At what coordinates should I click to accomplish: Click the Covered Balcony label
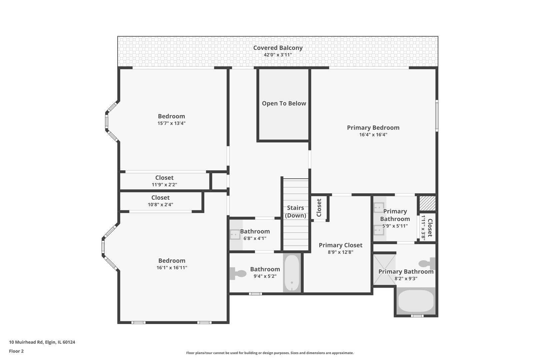tap(278, 48)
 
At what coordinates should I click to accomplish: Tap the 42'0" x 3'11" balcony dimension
tap(278, 55)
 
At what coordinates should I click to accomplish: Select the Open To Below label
tap(284, 103)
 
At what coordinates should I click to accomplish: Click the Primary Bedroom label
tap(373, 128)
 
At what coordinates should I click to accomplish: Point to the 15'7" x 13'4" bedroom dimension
tap(171, 123)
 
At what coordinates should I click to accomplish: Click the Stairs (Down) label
tap(295, 212)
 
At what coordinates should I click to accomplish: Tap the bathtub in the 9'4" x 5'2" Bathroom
tap(292, 273)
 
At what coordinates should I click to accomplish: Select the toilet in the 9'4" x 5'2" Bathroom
tap(238, 273)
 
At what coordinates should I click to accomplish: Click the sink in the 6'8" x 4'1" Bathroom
tap(235, 235)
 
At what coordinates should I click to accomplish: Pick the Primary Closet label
tap(340, 245)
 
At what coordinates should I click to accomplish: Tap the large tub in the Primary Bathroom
tap(416, 301)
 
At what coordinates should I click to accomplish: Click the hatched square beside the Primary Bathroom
tap(427, 203)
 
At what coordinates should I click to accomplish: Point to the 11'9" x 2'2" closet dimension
tap(164, 185)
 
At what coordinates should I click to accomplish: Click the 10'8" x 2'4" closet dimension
tap(160, 205)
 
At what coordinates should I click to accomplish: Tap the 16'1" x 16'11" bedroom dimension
tap(172, 268)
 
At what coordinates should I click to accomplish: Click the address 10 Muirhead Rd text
tap(42, 342)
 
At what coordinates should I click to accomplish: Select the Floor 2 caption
tap(16, 351)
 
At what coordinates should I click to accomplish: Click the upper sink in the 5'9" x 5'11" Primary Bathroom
tap(379, 207)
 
